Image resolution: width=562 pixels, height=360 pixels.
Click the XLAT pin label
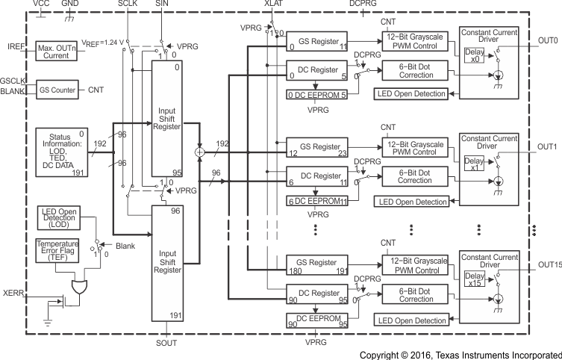(x=274, y=4)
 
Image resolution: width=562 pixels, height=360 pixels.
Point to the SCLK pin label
(x=128, y=4)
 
